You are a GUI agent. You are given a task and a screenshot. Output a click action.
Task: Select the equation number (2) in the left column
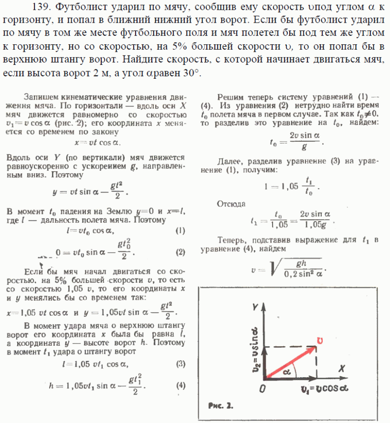(180, 252)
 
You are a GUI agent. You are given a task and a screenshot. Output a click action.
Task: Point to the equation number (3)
(180, 364)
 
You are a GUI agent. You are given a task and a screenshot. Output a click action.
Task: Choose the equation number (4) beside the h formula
(180, 385)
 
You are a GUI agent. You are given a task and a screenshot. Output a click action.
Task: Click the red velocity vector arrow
(290, 358)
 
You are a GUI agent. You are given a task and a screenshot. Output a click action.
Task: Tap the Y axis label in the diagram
(254, 307)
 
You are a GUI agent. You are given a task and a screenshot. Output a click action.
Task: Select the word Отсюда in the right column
(232, 203)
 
